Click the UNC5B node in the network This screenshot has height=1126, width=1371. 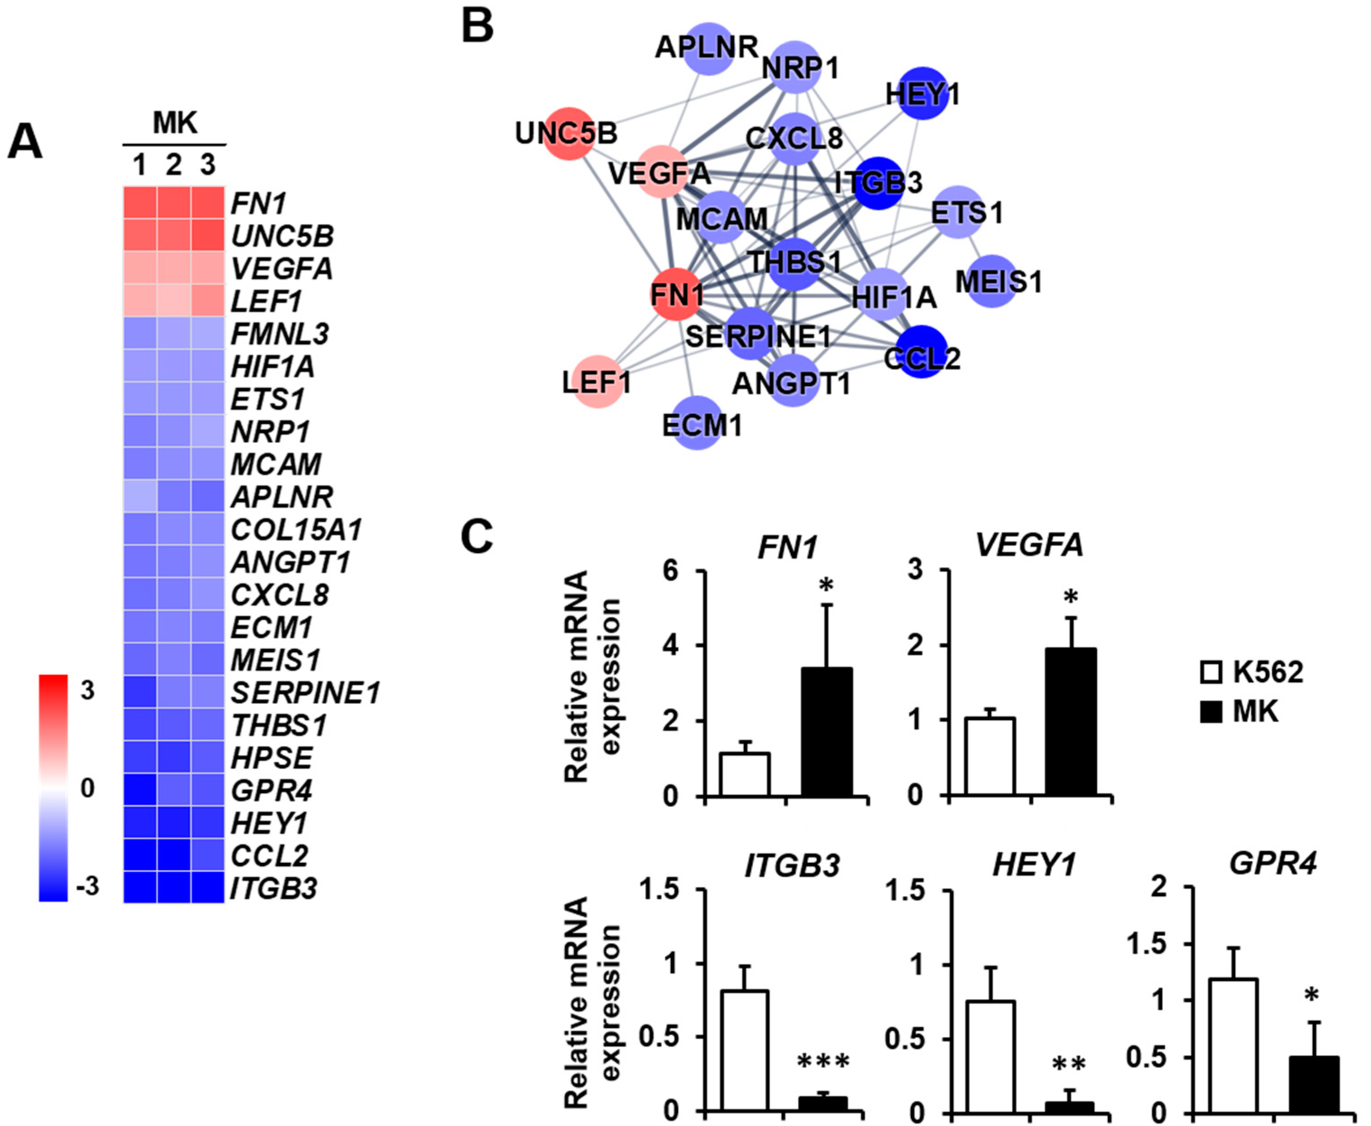click(568, 133)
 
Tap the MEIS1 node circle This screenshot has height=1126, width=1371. click(992, 282)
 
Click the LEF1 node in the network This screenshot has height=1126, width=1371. click(597, 382)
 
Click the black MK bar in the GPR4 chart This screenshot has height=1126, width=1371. click(1315, 1084)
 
